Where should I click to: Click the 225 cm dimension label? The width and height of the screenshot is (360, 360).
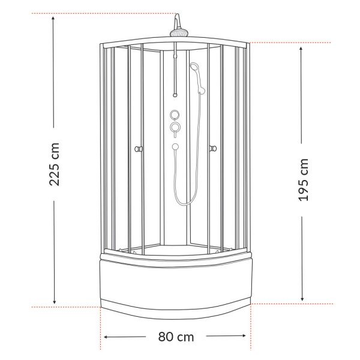pos(55,164)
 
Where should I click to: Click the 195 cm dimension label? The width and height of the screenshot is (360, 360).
pos(303,180)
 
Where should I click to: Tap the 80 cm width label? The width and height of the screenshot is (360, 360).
pos(176,337)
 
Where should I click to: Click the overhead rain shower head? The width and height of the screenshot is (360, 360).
pos(179,33)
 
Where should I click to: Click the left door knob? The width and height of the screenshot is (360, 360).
pos(138,149)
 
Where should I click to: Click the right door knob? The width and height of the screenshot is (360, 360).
pos(213,149)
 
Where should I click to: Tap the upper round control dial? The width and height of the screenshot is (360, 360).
pos(175,115)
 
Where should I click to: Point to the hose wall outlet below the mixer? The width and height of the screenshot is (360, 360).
pos(175,146)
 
